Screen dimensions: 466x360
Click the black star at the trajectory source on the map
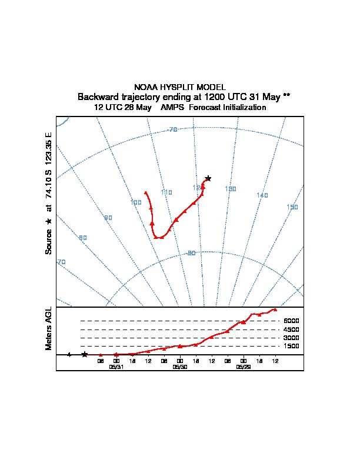tap(208, 178)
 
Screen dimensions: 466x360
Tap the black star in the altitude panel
tap(85, 354)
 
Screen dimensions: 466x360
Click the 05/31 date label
tap(116, 367)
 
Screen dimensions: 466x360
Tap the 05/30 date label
tap(180, 367)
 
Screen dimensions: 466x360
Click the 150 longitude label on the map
tap(292, 207)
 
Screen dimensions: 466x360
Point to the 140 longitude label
tap(262, 195)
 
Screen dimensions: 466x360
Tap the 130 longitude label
tap(231, 189)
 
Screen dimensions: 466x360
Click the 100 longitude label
tap(136, 202)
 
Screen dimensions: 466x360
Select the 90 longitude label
tap(108, 218)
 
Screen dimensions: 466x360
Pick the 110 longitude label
tap(166, 192)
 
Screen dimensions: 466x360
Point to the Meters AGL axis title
tap(49, 328)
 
